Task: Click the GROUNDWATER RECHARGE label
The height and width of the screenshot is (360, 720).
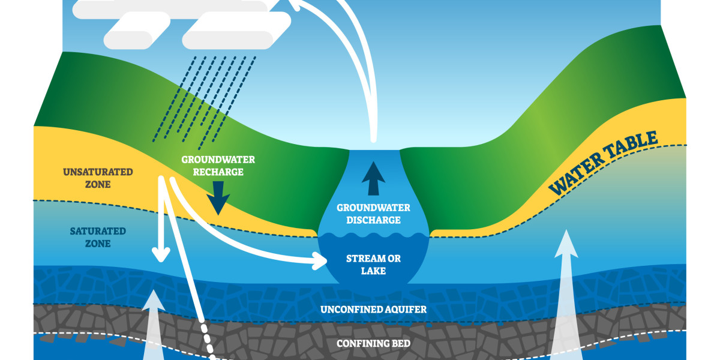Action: point(218,166)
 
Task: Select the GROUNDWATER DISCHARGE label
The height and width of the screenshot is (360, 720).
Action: point(373,214)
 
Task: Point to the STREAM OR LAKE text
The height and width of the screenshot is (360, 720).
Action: point(373,265)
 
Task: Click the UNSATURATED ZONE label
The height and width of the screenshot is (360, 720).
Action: point(89,178)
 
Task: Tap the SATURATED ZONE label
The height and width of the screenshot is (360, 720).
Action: point(89,237)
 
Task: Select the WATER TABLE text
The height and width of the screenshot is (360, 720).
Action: point(603,163)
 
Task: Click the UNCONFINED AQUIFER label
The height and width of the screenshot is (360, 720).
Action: point(373,310)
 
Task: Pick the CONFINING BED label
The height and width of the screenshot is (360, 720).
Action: point(373,344)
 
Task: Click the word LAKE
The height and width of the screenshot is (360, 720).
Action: point(373,271)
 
